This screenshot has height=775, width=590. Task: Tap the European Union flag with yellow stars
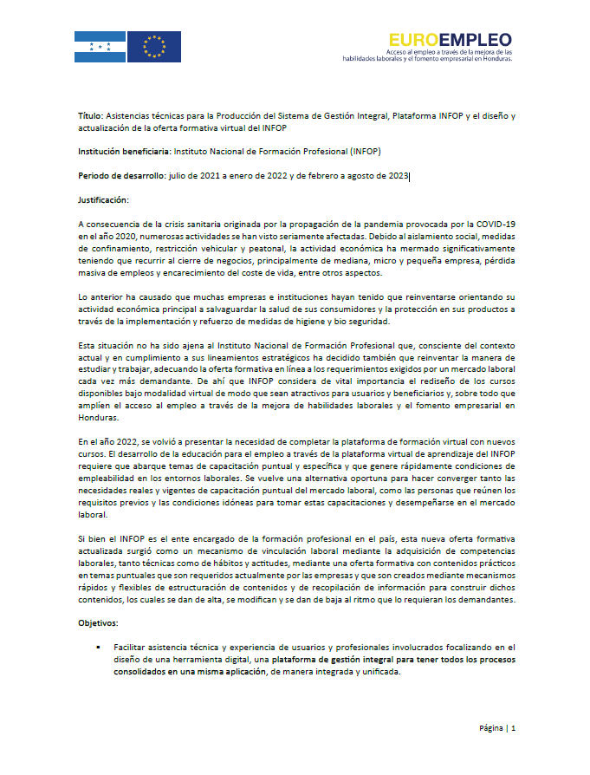(x=154, y=47)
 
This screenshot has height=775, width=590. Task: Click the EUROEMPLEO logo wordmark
(x=450, y=39)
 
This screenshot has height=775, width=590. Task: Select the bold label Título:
(x=89, y=115)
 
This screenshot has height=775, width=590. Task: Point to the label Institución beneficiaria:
(x=124, y=151)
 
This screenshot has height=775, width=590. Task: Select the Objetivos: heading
(x=97, y=622)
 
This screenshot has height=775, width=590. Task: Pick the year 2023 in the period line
(x=395, y=176)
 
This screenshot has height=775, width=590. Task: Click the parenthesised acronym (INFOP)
(x=365, y=151)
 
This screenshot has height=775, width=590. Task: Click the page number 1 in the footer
(x=513, y=728)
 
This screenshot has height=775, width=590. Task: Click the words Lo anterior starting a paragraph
(x=99, y=296)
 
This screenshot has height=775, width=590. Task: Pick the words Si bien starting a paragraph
(x=93, y=539)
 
